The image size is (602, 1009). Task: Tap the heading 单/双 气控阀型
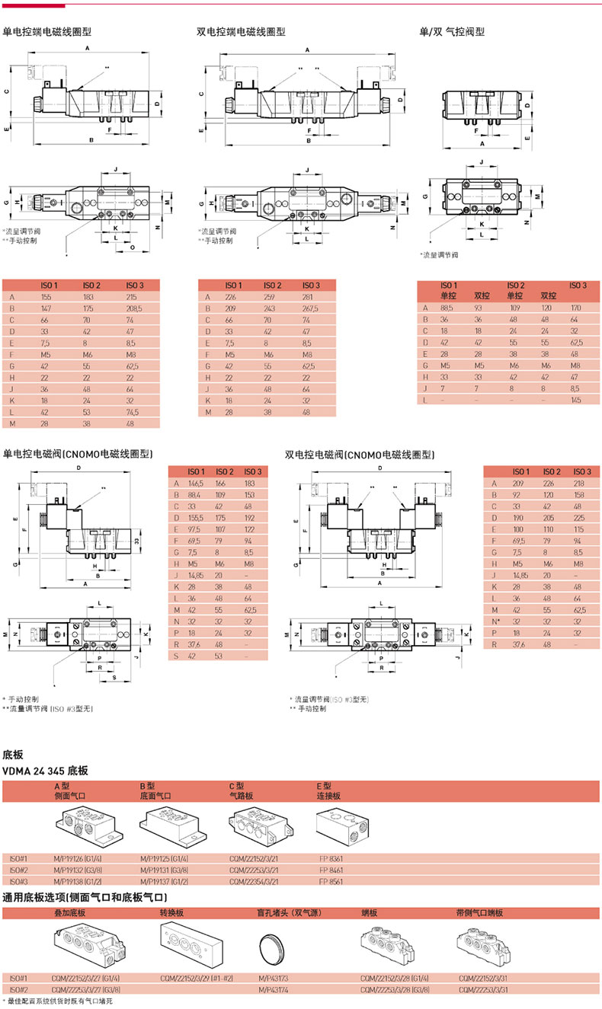tap(452, 32)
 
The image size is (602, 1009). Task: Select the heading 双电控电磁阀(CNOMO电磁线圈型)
tap(360, 455)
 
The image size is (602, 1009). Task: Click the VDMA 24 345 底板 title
tap(46, 771)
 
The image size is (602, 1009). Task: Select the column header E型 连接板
tap(328, 790)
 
